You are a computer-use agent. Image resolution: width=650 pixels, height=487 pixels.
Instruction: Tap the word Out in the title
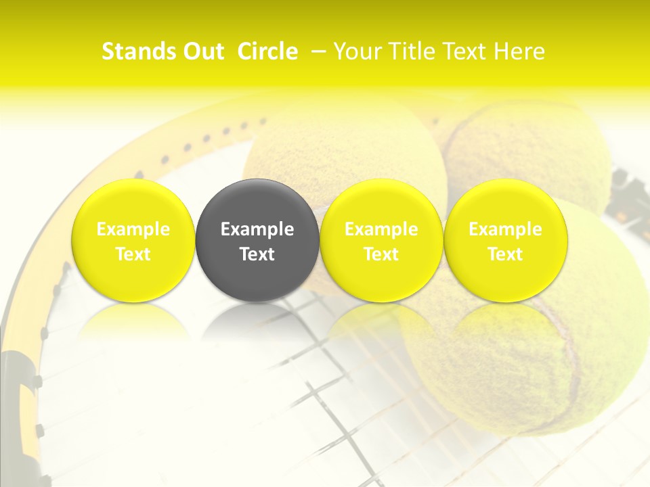[x=201, y=52]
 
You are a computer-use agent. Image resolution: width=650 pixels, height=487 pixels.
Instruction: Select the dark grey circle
[x=257, y=240]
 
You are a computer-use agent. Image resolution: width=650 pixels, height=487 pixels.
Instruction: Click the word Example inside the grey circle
[x=257, y=229]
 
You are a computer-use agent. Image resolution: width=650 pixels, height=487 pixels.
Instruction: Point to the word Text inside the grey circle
[x=257, y=254]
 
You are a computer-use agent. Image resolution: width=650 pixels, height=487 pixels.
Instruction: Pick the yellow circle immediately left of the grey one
[x=133, y=240]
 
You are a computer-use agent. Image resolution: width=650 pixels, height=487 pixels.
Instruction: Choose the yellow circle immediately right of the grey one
[x=381, y=240]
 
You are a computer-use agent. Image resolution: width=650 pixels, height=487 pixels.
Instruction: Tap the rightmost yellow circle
[x=505, y=240]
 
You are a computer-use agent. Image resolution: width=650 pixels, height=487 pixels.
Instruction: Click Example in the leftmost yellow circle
[x=133, y=229]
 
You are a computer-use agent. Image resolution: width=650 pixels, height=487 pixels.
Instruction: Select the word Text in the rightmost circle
[x=505, y=254]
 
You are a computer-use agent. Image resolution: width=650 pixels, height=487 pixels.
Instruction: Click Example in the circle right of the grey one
[x=381, y=229]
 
